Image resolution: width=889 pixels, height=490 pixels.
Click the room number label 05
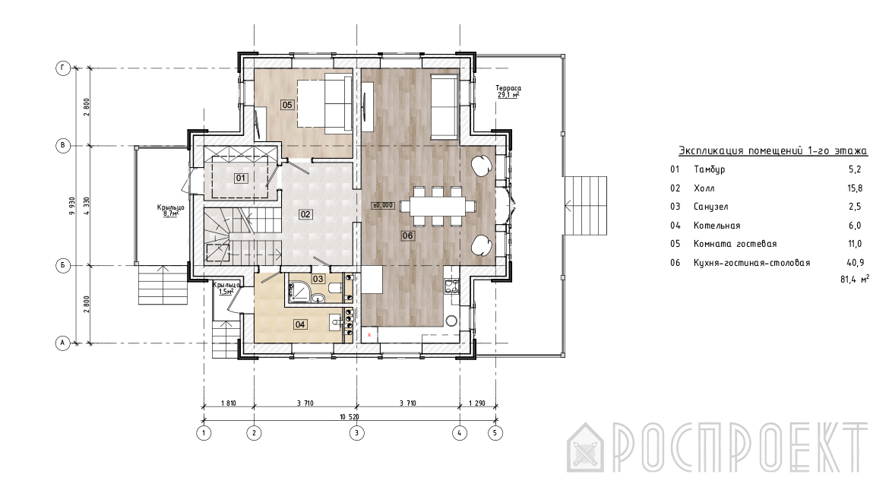[x=287, y=105]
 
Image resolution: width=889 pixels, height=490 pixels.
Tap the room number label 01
[x=241, y=178]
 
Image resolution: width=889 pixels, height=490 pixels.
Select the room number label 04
[x=300, y=324]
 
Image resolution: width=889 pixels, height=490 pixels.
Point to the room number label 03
[x=318, y=279]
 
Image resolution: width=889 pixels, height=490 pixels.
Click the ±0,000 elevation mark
[x=383, y=205]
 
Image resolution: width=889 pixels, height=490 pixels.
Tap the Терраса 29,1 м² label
[x=508, y=92]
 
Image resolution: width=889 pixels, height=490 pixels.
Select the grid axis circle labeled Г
[x=63, y=68]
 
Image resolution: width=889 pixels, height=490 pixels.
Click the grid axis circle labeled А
[x=63, y=343]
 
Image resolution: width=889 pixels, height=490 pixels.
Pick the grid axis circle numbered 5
[x=495, y=433]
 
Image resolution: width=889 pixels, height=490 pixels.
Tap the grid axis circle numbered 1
[x=204, y=433]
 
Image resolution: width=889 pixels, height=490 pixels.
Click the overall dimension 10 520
[x=350, y=417]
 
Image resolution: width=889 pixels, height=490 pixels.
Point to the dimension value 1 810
[x=228, y=403]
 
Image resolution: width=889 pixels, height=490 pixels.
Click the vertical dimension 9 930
[x=71, y=206]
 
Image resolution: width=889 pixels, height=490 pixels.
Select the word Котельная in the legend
[x=717, y=226]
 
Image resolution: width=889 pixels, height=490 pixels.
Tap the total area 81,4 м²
[x=854, y=279]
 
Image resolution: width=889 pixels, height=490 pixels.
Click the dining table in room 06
[x=438, y=206]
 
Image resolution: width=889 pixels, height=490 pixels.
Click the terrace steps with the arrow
[x=587, y=206]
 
